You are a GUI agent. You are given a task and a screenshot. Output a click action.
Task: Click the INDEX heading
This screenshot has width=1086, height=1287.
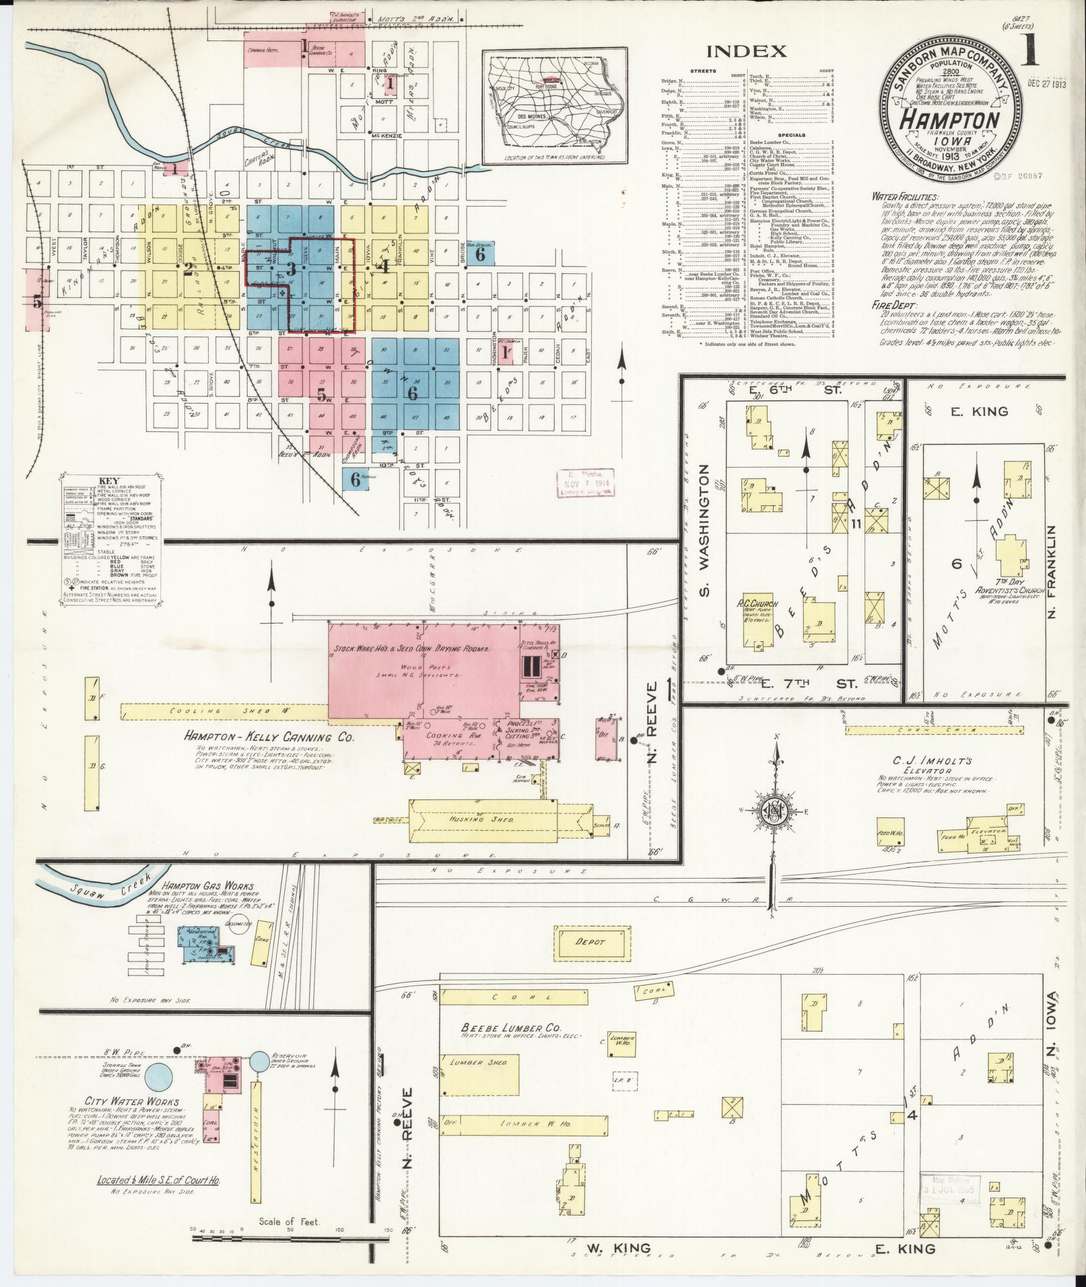pyautogui.click(x=746, y=51)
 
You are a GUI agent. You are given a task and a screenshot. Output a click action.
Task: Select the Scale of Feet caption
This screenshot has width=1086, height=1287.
pyautogui.click(x=290, y=1222)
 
